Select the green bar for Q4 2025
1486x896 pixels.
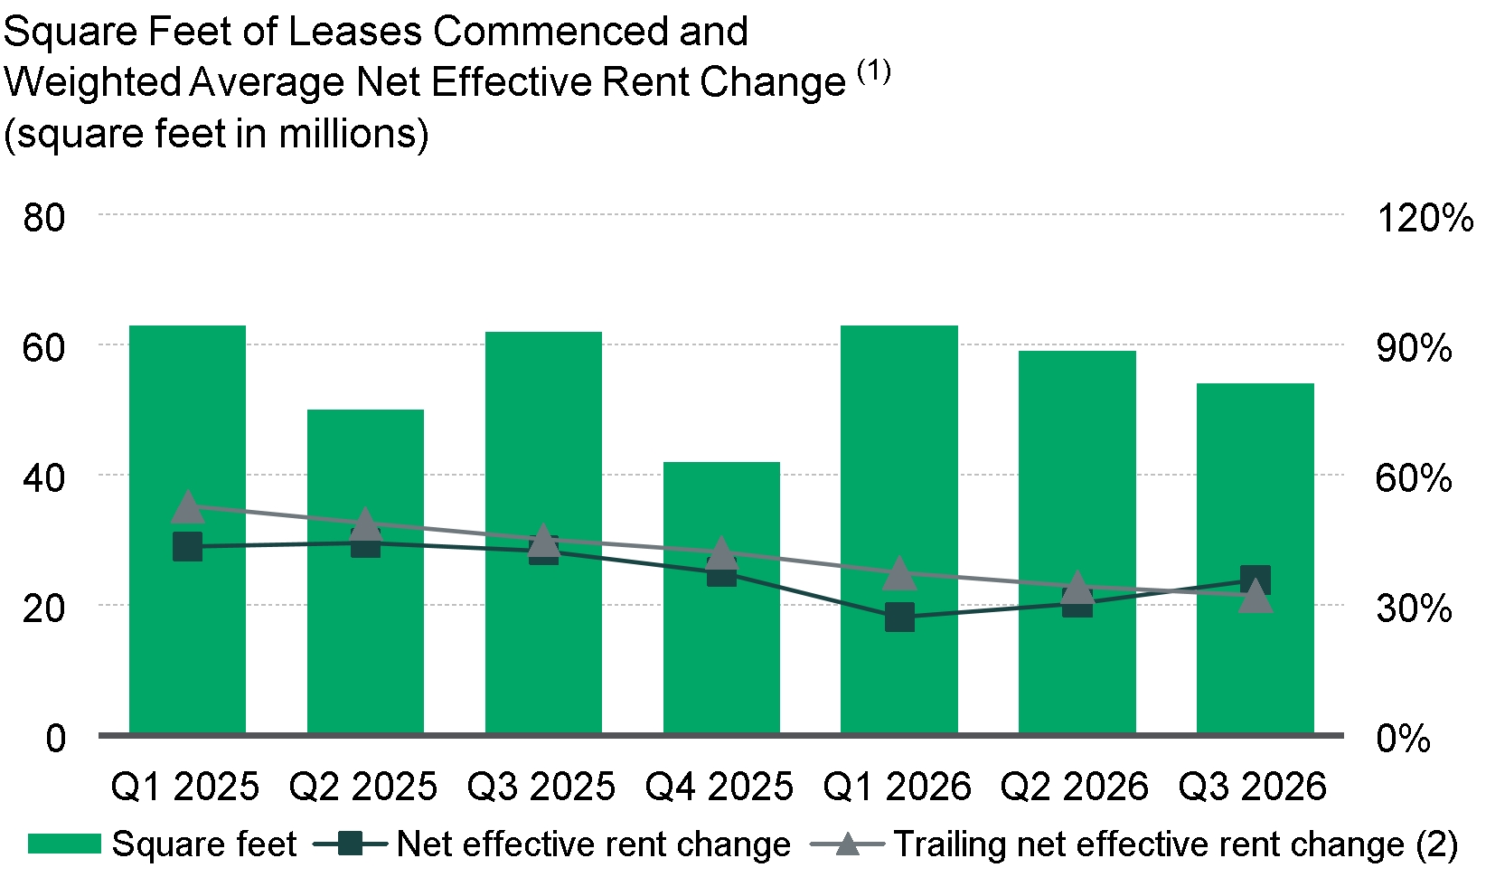pos(721,598)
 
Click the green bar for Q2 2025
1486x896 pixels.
pos(365,571)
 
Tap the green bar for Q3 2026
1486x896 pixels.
pos(1256,558)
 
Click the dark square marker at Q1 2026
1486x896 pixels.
pos(899,617)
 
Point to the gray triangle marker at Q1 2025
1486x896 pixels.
pos(188,507)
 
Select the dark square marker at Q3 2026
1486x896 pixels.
pos(1256,580)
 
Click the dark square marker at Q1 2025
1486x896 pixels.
pos(188,546)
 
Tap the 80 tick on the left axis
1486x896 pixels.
pos(43,217)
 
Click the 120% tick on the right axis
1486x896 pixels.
pos(1425,217)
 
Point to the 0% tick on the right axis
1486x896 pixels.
pos(1403,738)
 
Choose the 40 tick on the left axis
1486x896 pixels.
pos(43,478)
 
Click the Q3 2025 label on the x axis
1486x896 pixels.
pos(541,787)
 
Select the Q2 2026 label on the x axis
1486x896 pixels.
pos(1074,787)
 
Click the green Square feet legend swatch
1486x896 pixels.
pos(64,844)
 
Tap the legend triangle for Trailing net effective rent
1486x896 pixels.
pos(847,844)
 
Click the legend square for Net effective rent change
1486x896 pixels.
pos(350,844)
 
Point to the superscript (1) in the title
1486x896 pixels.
pos(874,71)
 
